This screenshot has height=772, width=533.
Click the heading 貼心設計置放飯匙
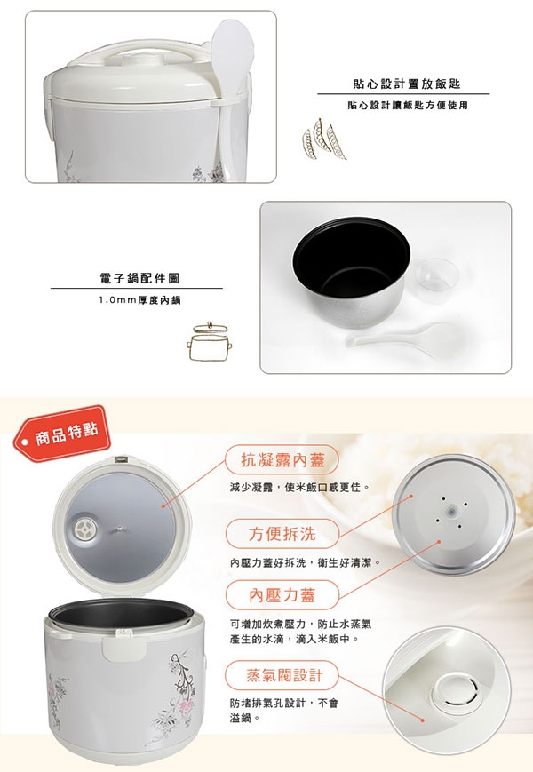tap(407, 84)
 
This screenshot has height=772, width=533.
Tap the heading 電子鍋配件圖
tap(139, 278)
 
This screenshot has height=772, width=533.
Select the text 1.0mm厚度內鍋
tap(139, 300)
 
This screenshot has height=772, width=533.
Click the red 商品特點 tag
tap(61, 434)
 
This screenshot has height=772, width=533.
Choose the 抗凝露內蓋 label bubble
tap(282, 460)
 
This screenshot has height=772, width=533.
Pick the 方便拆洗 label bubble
tap(282, 534)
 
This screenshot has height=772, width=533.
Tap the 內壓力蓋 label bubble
tap(282, 595)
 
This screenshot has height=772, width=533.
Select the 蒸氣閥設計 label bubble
tap(282, 675)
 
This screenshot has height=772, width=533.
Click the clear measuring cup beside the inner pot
tap(437, 275)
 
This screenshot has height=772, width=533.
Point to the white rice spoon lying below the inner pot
tap(406, 338)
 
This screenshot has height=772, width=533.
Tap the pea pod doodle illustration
tap(323, 139)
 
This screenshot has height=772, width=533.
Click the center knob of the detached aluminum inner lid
tap(449, 513)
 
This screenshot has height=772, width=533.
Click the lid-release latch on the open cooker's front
tap(121, 645)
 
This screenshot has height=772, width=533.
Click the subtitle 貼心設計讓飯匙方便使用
tap(408, 106)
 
